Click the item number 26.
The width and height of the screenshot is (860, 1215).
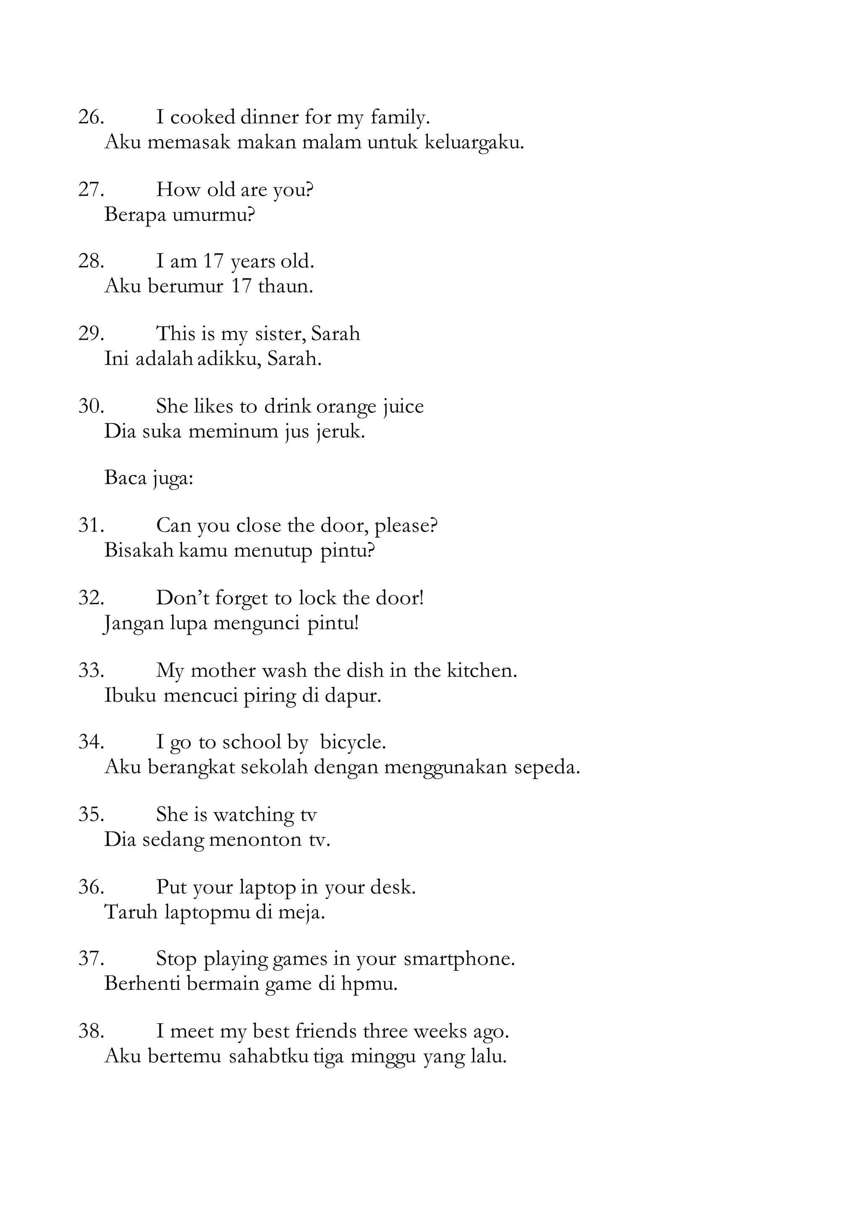coord(91,117)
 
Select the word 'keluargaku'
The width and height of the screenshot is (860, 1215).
coord(474,142)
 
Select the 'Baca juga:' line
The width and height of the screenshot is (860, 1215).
coord(149,478)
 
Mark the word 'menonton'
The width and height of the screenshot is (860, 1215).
coord(256,839)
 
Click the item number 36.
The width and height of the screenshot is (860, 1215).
coord(91,887)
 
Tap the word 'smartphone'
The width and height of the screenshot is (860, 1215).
coord(459,959)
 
